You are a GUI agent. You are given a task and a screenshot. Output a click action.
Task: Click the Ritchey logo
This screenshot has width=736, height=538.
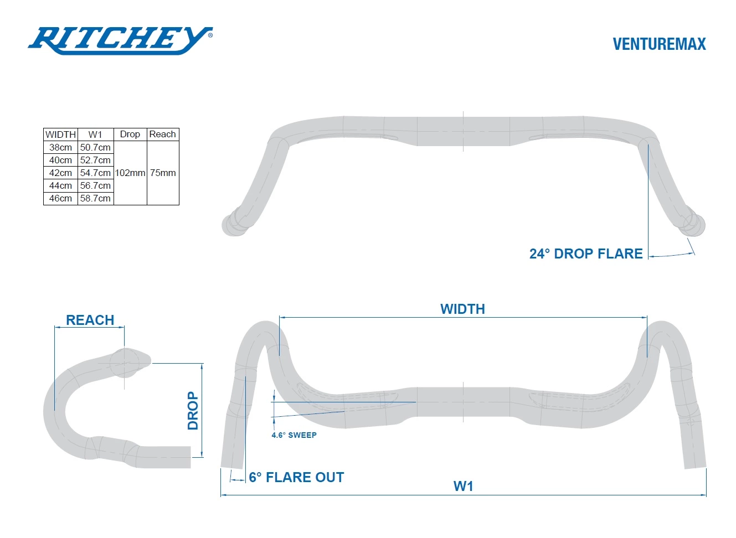pyautogui.click(x=120, y=40)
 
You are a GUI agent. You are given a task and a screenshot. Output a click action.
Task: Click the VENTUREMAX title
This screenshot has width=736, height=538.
pyautogui.click(x=659, y=44)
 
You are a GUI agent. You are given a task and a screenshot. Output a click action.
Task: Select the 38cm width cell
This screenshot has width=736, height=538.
pyautogui.click(x=60, y=147)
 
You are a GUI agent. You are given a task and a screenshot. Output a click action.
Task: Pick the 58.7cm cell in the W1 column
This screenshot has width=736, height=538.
pyautogui.click(x=95, y=198)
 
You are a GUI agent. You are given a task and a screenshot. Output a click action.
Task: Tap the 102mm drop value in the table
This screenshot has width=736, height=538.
pyautogui.click(x=130, y=173)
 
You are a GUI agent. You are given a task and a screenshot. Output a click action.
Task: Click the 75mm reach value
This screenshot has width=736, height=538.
pyautogui.click(x=163, y=173)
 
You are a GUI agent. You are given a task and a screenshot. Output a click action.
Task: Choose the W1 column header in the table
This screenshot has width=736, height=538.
pyautogui.click(x=95, y=134)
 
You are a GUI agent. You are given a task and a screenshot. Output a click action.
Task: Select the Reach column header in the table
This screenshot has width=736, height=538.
pyautogui.click(x=162, y=134)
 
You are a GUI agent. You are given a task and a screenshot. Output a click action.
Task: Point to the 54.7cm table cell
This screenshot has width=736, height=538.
pyautogui.click(x=95, y=173)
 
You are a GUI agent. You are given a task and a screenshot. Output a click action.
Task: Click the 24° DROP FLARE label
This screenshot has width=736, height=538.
pyautogui.click(x=586, y=254)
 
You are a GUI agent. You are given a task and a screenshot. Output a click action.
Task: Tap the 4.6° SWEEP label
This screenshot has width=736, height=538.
pyautogui.click(x=294, y=435)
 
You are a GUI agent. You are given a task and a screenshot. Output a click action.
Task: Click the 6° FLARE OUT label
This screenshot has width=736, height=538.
pyautogui.click(x=296, y=477)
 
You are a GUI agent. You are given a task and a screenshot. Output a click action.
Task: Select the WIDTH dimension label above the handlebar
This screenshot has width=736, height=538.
pyautogui.click(x=462, y=309)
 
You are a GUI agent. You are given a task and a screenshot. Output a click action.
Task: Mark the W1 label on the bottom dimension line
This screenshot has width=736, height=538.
pyautogui.click(x=464, y=486)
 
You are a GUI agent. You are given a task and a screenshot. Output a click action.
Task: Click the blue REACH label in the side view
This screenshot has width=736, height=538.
pyautogui.click(x=90, y=320)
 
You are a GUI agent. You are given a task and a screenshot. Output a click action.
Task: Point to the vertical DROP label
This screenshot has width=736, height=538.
pyautogui.click(x=193, y=411)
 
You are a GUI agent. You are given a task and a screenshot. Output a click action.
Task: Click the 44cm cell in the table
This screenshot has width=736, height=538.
pyautogui.click(x=60, y=185)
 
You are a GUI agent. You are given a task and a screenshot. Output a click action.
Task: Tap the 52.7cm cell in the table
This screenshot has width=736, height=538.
pyautogui.click(x=95, y=160)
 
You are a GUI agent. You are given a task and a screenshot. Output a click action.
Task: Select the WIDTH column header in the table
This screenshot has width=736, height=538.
pyautogui.click(x=60, y=134)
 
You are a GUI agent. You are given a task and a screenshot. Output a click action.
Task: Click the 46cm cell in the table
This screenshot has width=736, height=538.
pyautogui.click(x=60, y=198)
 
